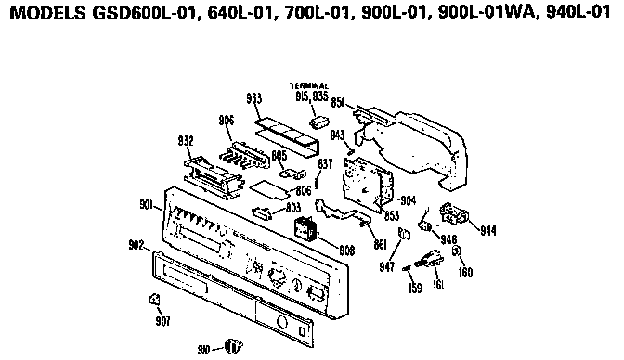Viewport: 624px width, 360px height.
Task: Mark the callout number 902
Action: pyautogui.click(x=136, y=245)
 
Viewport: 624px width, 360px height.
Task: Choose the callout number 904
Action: pyautogui.click(x=409, y=200)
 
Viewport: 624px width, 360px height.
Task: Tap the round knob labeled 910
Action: pyautogui.click(x=233, y=346)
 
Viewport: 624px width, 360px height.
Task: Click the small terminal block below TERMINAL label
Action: pyautogui.click(x=320, y=121)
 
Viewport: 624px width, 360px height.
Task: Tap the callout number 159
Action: pyautogui.click(x=416, y=289)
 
